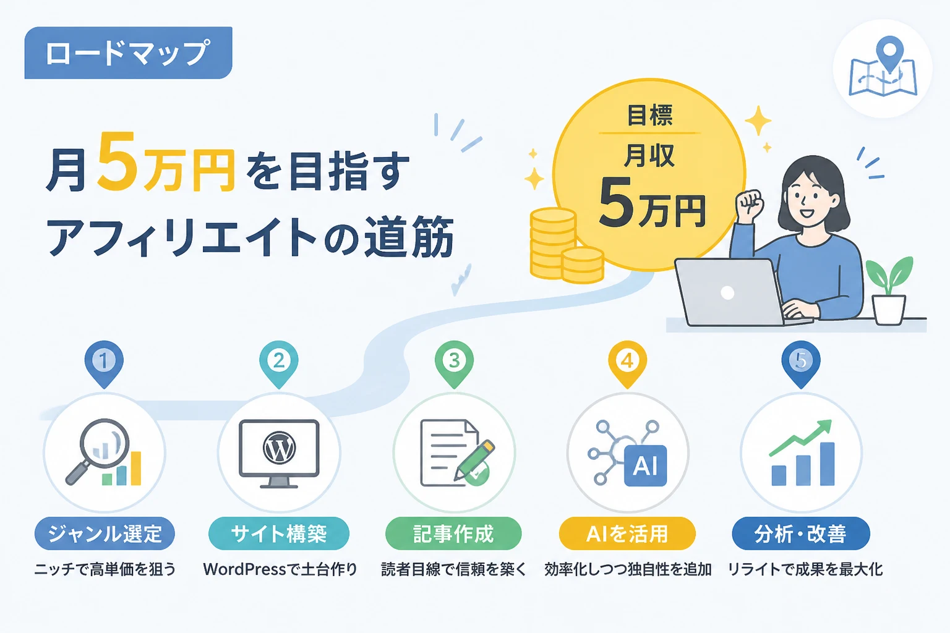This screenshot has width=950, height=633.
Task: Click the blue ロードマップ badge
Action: click(x=128, y=53)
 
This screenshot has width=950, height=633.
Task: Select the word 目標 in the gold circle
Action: click(x=650, y=116)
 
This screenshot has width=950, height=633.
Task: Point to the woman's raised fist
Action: click(x=750, y=205)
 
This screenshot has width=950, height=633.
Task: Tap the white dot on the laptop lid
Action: click(x=727, y=292)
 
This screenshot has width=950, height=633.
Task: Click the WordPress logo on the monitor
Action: click(x=279, y=448)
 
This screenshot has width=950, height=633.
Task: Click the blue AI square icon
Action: click(x=646, y=465)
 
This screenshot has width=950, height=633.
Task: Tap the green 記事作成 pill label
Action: click(x=453, y=533)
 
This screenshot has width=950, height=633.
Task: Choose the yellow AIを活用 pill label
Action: click(x=627, y=533)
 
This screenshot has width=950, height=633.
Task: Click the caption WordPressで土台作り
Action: click(x=280, y=569)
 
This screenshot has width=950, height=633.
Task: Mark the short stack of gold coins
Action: click(x=582, y=265)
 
